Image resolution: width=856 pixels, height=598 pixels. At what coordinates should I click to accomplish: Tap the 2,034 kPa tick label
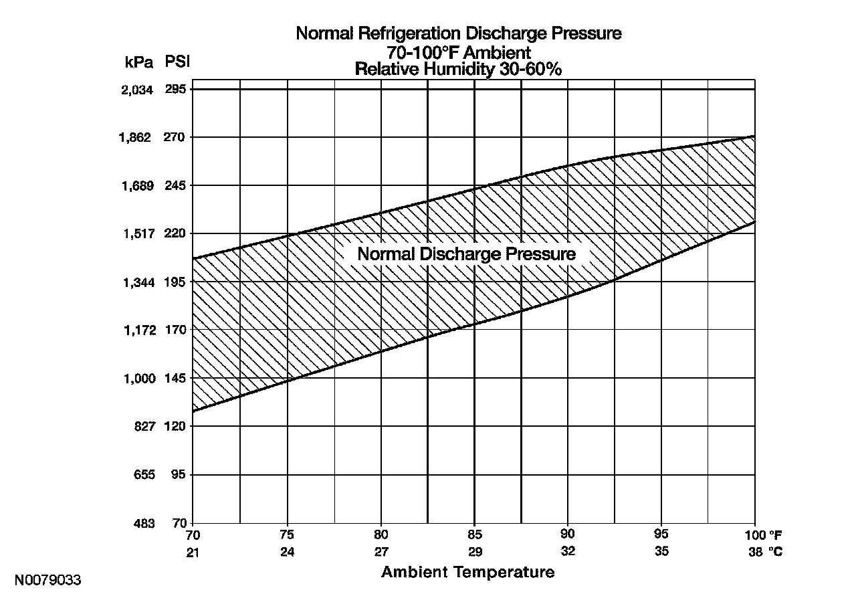138,90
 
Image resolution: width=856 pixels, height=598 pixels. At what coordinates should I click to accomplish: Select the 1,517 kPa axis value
138,234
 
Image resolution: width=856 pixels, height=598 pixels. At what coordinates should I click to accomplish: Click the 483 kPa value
144,523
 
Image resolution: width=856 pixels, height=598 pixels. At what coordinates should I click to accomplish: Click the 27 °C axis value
381,552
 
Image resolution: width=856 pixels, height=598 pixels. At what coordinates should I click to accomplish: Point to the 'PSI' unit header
177,62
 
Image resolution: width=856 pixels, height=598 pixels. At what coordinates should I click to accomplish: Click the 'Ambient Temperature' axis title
467,573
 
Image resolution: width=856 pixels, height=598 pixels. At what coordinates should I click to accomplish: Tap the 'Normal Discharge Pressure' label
466,254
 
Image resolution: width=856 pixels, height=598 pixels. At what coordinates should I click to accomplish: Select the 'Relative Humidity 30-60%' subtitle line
458,69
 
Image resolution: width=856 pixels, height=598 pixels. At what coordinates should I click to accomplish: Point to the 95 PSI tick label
177,475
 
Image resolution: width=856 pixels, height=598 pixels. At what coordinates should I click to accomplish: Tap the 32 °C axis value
567,552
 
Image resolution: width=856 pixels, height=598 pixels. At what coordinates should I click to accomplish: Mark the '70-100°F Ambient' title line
458,52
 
